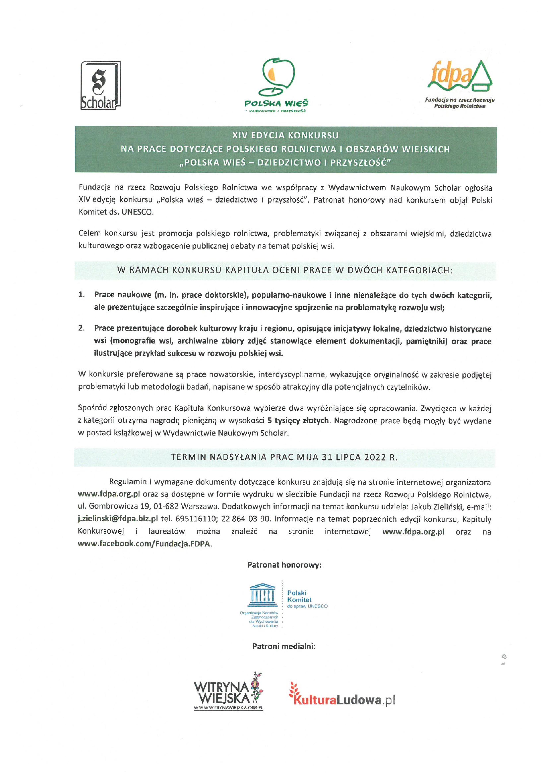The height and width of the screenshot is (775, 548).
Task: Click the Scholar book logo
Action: (x=100, y=85)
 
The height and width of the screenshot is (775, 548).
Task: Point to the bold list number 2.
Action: (x=81, y=328)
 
